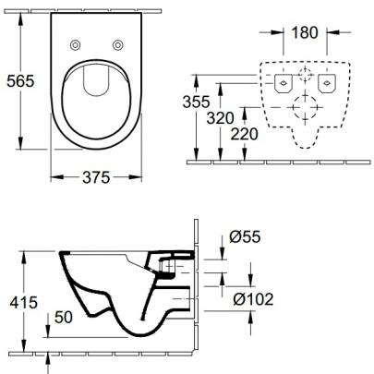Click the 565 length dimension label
tap(20, 81)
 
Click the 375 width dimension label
tap(96, 177)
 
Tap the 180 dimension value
tap(305, 32)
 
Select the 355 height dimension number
tap(196, 102)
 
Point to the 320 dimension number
tap(221, 118)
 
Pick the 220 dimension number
tap(245, 134)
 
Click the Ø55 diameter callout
tap(245, 236)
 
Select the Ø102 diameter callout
tap(253, 299)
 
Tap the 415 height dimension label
tap(24, 302)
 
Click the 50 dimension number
tap(64, 317)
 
